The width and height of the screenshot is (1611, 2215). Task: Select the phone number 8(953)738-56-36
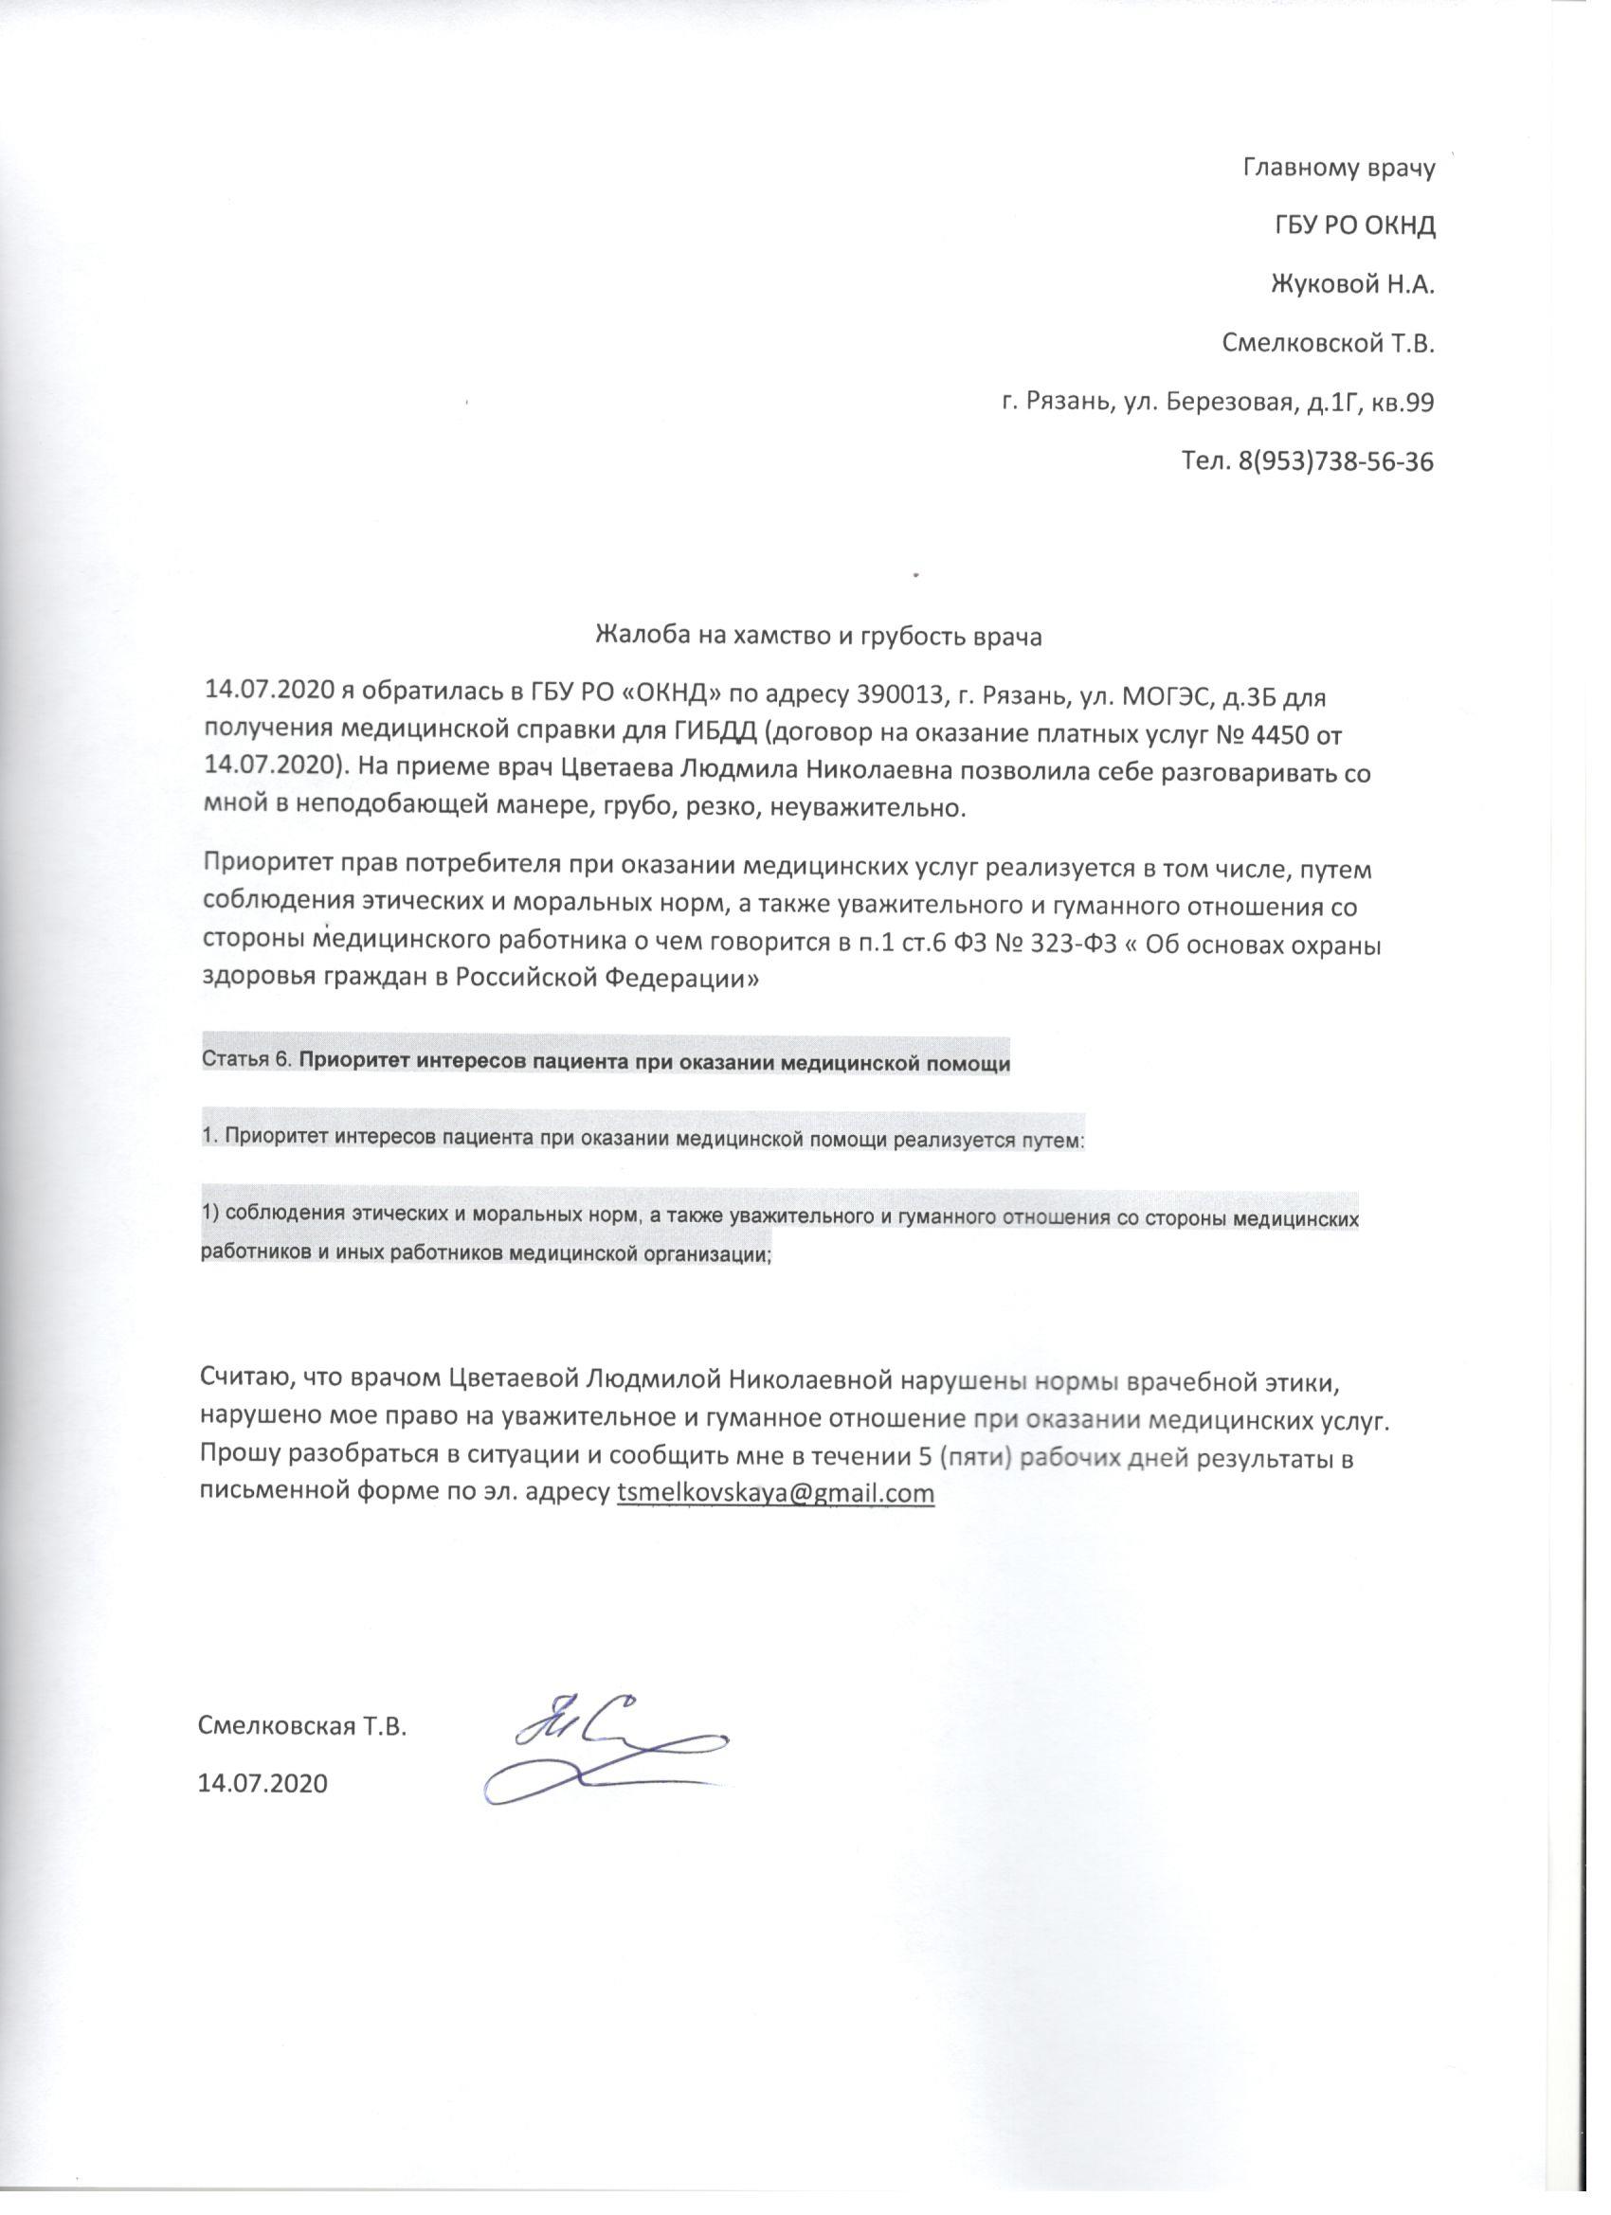coord(1335,462)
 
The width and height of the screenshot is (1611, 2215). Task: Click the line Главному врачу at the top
coord(1338,168)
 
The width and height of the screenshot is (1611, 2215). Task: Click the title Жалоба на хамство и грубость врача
coord(819,637)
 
